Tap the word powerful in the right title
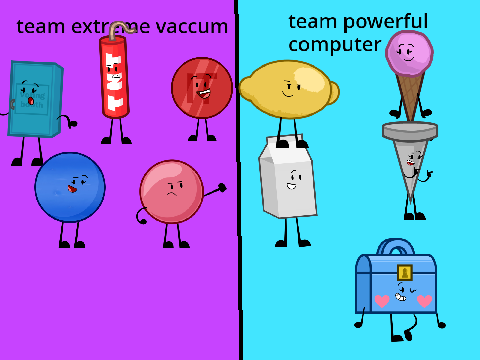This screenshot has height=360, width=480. point(385,22)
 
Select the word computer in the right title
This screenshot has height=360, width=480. point(335,45)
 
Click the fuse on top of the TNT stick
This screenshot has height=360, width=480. point(121,29)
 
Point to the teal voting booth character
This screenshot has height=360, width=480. point(35,99)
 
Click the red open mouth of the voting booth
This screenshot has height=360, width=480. point(31,100)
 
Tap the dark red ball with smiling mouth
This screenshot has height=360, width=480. point(202,88)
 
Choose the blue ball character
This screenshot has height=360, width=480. point(70,187)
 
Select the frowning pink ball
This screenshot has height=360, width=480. point(172,192)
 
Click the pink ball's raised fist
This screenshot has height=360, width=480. point(222,188)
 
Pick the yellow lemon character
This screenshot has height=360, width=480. point(289,89)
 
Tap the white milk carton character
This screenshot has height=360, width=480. point(287,176)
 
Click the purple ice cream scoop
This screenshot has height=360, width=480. point(409,53)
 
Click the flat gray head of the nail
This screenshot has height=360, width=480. point(410,130)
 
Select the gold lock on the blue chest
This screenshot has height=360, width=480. point(405,273)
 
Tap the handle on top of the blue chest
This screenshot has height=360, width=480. point(396,245)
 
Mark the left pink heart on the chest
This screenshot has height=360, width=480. point(382,301)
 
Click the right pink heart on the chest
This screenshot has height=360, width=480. point(424,301)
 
